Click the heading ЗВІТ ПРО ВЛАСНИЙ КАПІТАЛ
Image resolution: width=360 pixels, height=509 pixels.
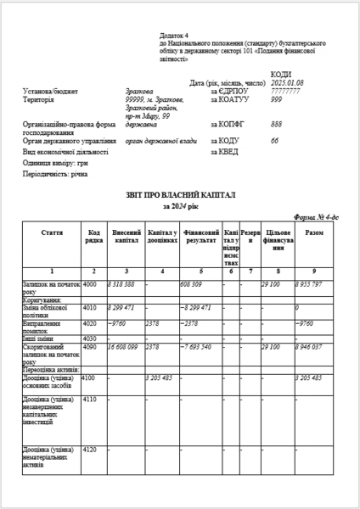pos(180,195)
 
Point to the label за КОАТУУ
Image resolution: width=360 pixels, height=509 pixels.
pos(227,98)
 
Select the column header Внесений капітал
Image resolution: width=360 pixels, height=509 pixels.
pos(127,236)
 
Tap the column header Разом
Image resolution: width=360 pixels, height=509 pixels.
pos(313,232)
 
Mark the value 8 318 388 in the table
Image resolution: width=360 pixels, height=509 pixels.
pos(122,283)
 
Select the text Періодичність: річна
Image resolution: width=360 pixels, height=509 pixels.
pos(55,173)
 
